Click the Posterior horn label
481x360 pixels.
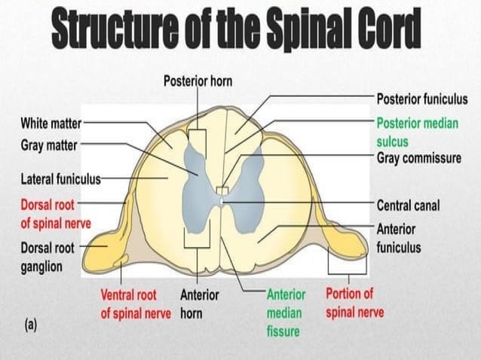[x=198, y=81]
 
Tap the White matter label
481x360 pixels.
[x=51, y=124]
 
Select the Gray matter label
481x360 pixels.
[x=49, y=145]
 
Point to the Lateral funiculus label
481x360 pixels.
[x=61, y=179]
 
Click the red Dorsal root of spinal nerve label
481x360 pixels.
[x=56, y=214]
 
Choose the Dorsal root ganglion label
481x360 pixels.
[x=47, y=257]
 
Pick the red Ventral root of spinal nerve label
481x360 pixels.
[x=136, y=304]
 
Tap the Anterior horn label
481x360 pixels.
[x=200, y=304]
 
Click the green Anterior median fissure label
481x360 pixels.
[x=286, y=313]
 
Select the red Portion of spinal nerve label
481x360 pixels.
[x=355, y=303]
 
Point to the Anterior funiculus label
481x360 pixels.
[x=399, y=238]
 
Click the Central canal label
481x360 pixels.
[x=409, y=206]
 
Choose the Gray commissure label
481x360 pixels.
[x=419, y=158]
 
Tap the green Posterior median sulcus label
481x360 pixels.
[x=418, y=133]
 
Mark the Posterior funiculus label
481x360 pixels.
[x=422, y=99]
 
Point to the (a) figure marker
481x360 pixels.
[x=31, y=325]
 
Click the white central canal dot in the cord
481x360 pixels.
[x=222, y=201]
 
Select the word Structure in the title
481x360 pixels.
[x=115, y=28]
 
